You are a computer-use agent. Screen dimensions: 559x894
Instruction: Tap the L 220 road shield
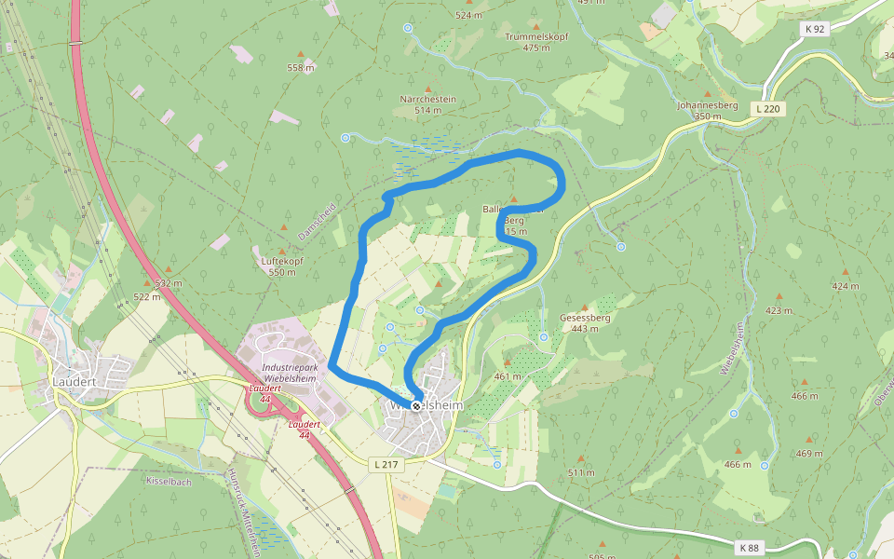coord(769,109)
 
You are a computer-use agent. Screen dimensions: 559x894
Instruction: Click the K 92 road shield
coord(815,29)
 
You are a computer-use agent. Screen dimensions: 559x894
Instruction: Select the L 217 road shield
coord(385,464)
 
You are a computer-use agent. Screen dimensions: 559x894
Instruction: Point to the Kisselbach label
coord(168,481)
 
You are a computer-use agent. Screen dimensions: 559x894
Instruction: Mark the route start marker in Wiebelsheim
coord(416,405)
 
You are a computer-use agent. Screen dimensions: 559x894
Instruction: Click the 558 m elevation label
coord(301,68)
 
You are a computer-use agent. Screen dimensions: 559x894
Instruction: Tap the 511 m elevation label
coord(581,472)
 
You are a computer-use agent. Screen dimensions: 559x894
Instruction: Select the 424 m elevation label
coord(846,286)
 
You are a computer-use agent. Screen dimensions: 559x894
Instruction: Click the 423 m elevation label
coord(779,310)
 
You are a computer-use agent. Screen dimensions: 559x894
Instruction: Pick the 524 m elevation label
coord(469,15)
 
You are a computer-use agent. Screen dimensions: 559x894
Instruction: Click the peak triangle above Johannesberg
coord(707,94)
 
